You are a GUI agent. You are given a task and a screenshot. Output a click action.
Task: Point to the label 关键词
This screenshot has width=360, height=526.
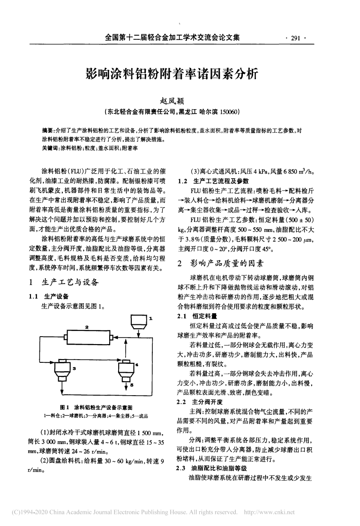click(50, 148)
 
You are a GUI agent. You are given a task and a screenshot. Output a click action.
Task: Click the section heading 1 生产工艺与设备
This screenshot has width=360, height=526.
click(64, 282)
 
